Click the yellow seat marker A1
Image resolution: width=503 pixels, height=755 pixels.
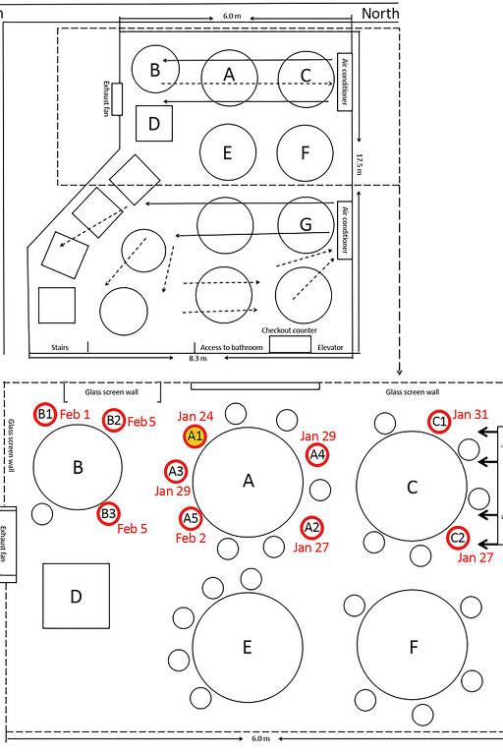pos(195,436)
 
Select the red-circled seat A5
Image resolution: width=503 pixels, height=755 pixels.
pos(192,519)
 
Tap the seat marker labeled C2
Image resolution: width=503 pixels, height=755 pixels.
pos(457,538)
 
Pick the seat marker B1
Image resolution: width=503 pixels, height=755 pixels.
pos(45,414)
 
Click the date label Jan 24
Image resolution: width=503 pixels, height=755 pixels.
pos(196,416)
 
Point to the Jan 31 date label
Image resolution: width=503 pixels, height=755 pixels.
pos(471,414)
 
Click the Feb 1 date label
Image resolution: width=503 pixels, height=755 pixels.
pos(75,414)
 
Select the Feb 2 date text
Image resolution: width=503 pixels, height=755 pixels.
pos(191,538)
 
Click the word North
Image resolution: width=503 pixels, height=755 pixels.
pos(380,14)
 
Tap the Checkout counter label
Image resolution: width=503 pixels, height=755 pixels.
pos(289,330)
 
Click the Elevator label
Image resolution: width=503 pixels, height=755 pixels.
pos(330,347)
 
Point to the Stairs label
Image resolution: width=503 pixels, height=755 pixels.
pos(60,347)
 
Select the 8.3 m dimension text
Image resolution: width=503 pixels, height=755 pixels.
pos(197,358)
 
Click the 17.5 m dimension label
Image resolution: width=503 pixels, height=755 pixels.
pos(360,164)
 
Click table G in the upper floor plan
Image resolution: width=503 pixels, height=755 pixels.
pos(306,224)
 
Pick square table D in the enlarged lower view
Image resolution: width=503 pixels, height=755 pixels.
pos(76,596)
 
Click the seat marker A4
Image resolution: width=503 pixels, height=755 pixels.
pos(317,454)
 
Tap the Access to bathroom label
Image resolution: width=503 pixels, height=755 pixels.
pos(232,347)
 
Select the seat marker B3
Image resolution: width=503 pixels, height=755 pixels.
pos(108,513)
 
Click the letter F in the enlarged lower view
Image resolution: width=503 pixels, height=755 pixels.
pos(414,647)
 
